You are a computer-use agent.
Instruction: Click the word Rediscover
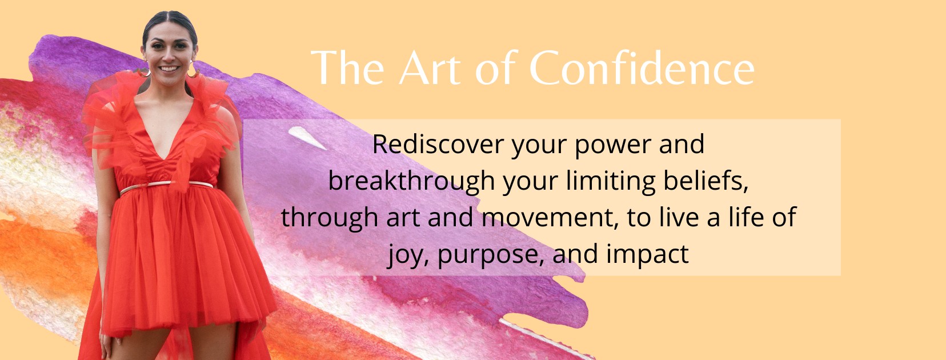438,144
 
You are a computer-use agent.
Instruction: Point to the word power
614,146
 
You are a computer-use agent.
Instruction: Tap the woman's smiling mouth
169,69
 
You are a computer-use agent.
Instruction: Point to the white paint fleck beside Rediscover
307,137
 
